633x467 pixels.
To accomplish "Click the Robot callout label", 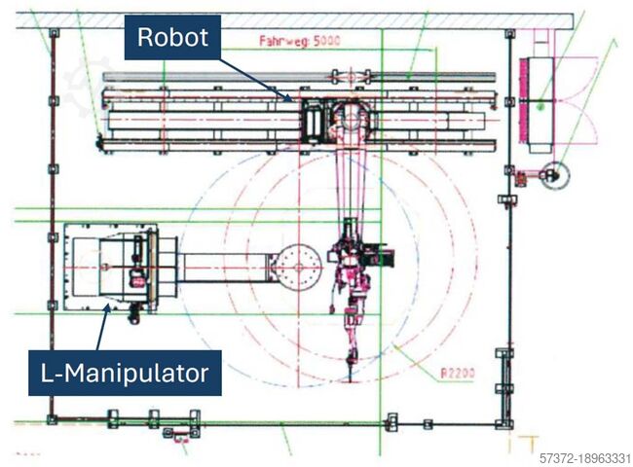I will tap(171, 38).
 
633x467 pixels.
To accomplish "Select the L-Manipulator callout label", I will tap(124, 372).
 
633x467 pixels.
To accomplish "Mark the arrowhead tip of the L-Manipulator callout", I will tap(108, 305).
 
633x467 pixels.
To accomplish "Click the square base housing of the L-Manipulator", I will tap(109, 267).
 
